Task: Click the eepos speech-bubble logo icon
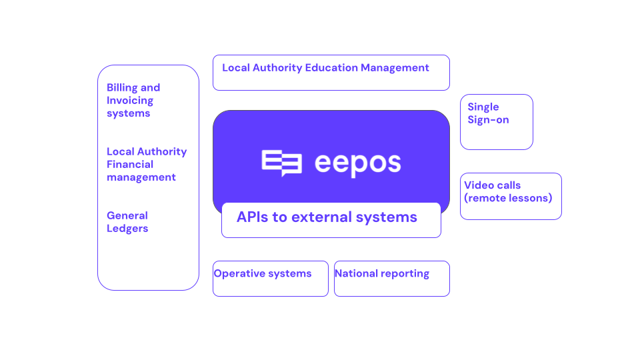pyautogui.click(x=281, y=163)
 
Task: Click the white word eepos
pyautogui.click(x=358, y=164)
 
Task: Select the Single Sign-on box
pyautogui.click(x=496, y=122)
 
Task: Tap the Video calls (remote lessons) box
pyautogui.click(x=511, y=196)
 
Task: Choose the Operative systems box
pyautogui.click(x=271, y=279)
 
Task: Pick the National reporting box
pyautogui.click(x=392, y=279)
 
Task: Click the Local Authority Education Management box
pyautogui.click(x=331, y=73)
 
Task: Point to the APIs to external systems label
pyautogui.click(x=327, y=217)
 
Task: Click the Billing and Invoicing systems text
pyautogui.click(x=133, y=101)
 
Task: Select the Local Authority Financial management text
pyautogui.click(x=147, y=164)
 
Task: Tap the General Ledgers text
pyautogui.click(x=127, y=222)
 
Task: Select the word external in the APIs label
pyautogui.click(x=321, y=217)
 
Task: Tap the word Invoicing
pyautogui.click(x=130, y=101)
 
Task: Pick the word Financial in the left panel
pyautogui.click(x=130, y=164)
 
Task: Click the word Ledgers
pyautogui.click(x=127, y=229)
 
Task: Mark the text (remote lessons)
pyautogui.click(x=508, y=198)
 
